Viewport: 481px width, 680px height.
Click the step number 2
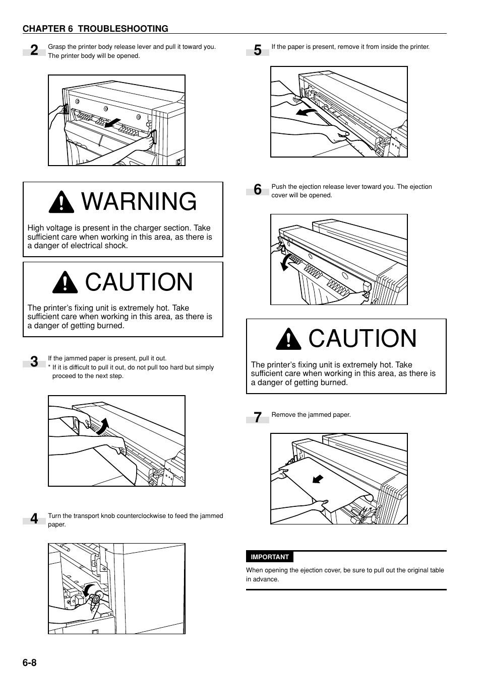pos(34,50)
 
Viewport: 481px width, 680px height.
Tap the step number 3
pos(34,362)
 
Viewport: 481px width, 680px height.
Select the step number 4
pos(34,519)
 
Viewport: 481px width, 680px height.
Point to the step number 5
pos(257,50)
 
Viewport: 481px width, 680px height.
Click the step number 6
pos(257,190)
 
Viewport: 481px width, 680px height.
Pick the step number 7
pos(257,418)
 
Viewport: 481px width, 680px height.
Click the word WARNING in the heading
pos(139,202)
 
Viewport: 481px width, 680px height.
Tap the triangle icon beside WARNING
pos(62,202)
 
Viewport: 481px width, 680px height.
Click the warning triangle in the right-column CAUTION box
pos(289,339)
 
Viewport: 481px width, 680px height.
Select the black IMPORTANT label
pos(270,557)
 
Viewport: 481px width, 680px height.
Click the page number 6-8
pos(29,662)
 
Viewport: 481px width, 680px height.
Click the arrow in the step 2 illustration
pos(114,123)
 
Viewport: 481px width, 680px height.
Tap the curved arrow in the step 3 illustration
pos(102,426)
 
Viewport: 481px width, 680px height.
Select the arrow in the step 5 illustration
pos(307,111)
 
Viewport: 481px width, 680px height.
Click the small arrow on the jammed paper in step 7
pos(317,479)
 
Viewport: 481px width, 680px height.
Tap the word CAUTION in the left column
pos(139,282)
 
